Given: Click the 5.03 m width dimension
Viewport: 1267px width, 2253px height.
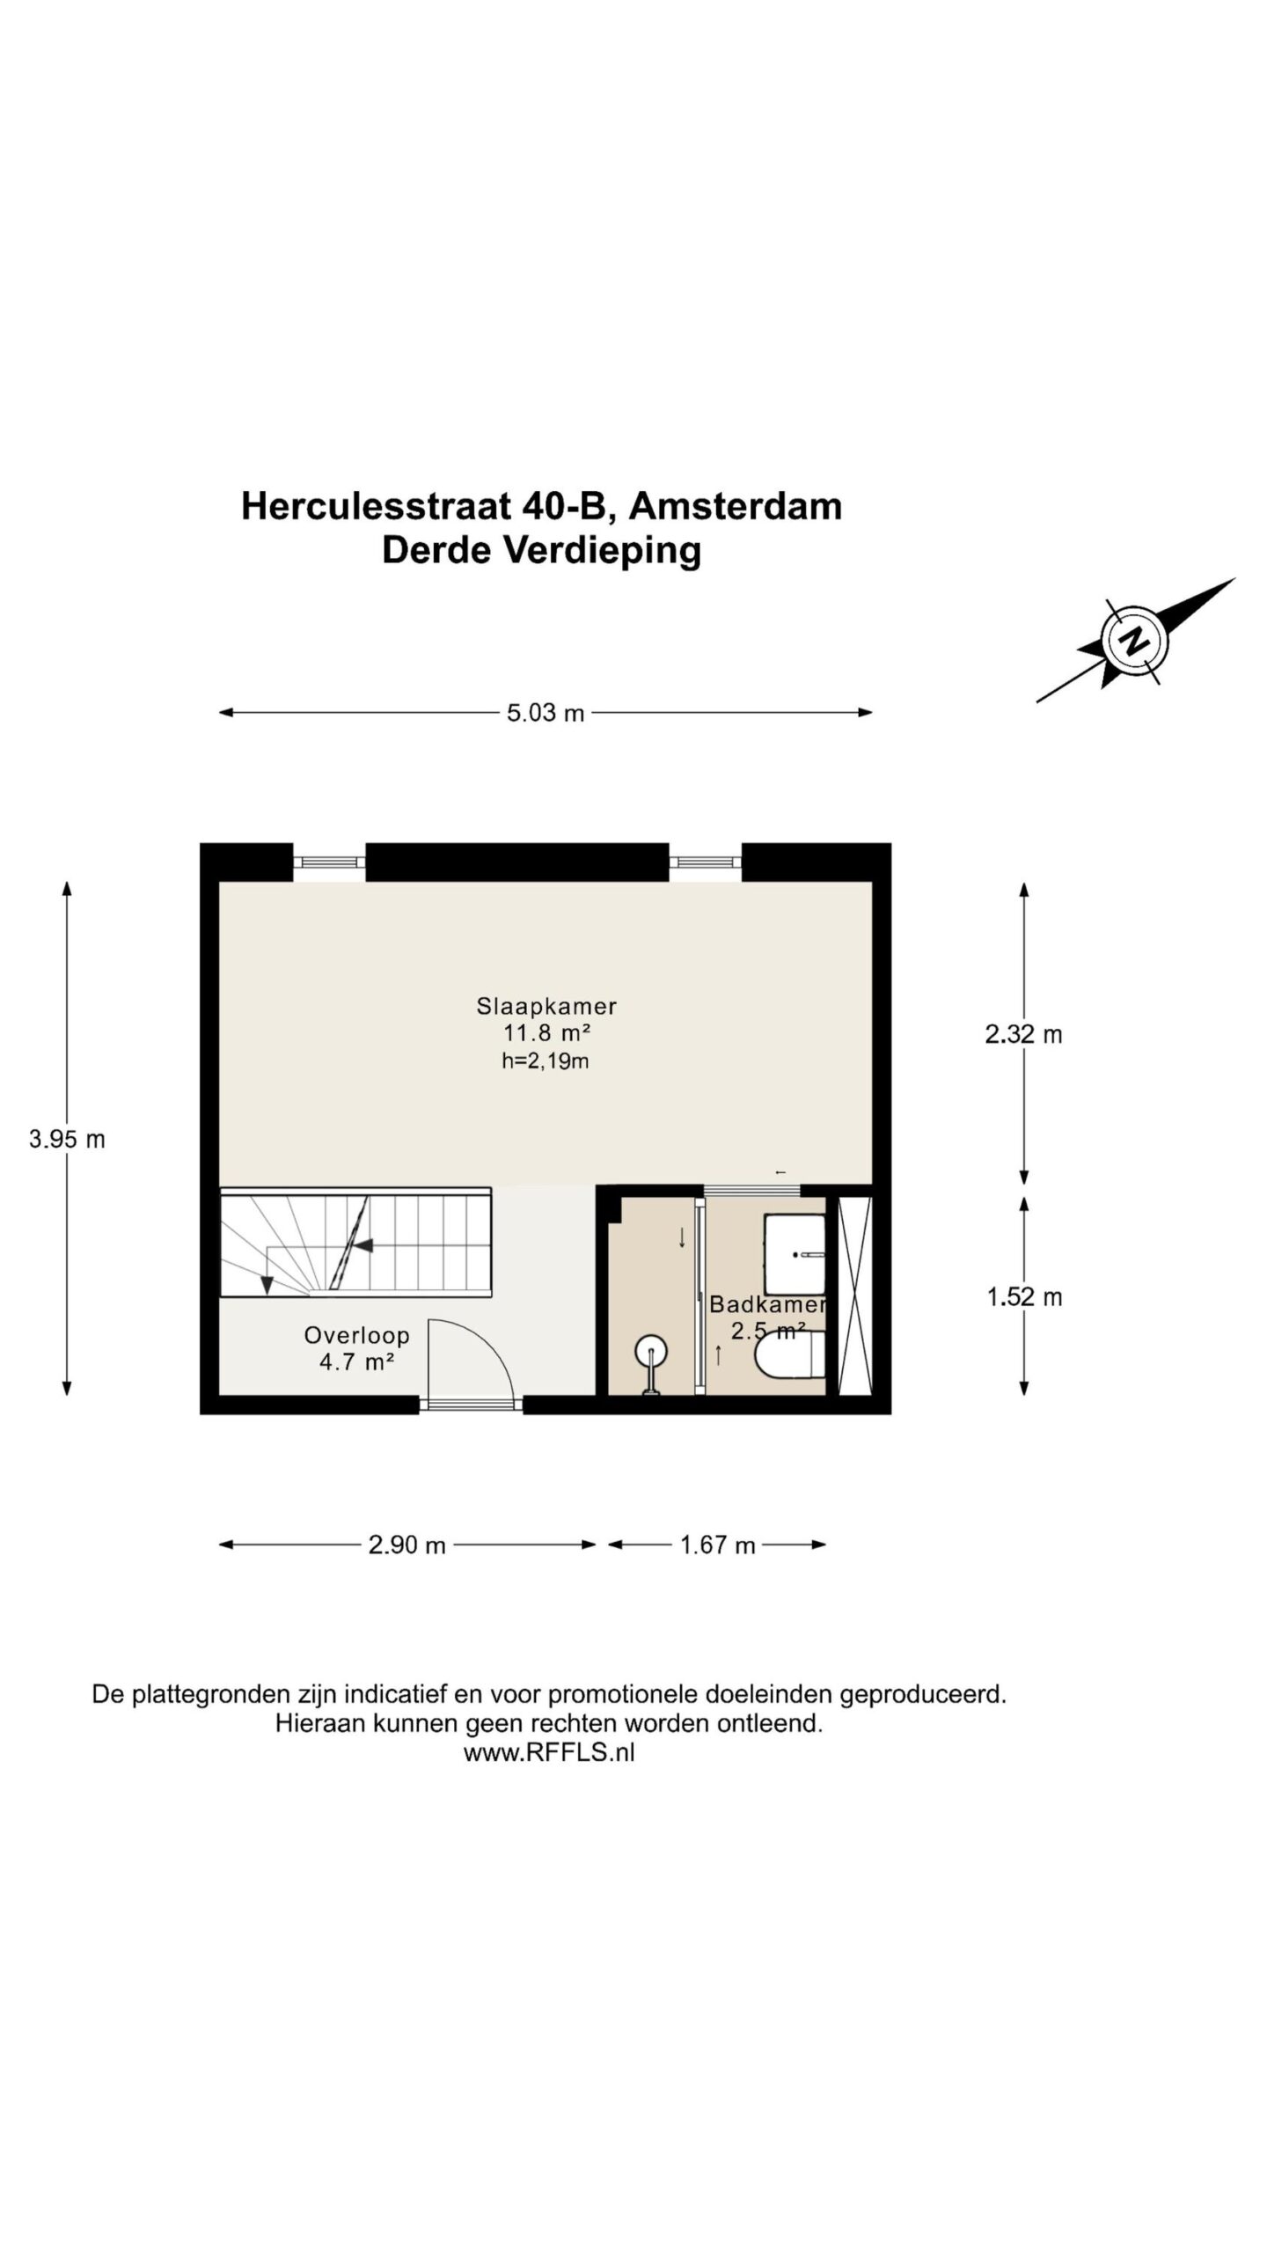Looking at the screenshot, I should click(x=545, y=713).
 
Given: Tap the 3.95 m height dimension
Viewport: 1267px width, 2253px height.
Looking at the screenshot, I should click(x=67, y=1140).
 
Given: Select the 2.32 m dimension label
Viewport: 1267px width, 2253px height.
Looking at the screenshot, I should click(x=1023, y=1034).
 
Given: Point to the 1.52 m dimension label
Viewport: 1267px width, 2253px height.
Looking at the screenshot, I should click(x=1024, y=1297).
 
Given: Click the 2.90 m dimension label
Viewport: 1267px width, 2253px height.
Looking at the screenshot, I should click(x=406, y=1545).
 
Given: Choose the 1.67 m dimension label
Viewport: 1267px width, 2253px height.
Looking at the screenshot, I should click(x=717, y=1545).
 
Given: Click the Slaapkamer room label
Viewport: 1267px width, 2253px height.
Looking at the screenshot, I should click(x=546, y=1005).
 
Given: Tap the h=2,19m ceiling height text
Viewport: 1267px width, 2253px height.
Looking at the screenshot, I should click(x=546, y=1061).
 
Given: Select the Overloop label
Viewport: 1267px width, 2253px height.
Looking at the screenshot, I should click(x=356, y=1335).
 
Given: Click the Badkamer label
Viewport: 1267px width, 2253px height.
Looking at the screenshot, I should click(x=767, y=1304).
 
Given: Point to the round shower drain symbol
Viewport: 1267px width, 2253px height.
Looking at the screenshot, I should click(x=652, y=1351).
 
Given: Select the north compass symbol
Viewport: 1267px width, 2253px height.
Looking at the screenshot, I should click(x=1134, y=641).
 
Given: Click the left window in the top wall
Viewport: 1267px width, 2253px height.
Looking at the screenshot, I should click(x=329, y=862).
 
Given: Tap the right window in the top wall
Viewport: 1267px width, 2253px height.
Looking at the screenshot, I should click(x=705, y=862).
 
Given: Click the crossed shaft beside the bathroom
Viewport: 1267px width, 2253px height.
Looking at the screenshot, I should click(x=853, y=1295).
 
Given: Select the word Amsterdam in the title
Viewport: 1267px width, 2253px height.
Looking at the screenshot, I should click(x=736, y=507).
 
